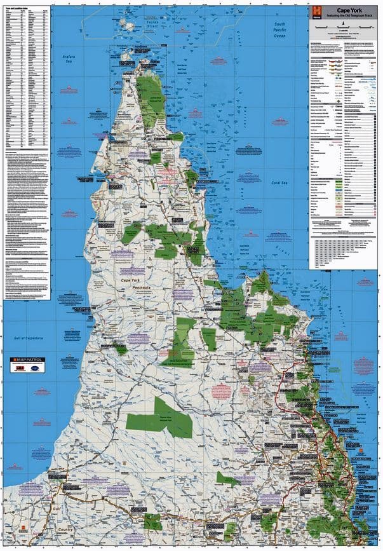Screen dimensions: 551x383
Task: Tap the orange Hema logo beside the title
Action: [317, 11]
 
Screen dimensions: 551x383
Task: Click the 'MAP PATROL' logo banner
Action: [28, 360]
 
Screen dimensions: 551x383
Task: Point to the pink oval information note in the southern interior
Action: [220, 390]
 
